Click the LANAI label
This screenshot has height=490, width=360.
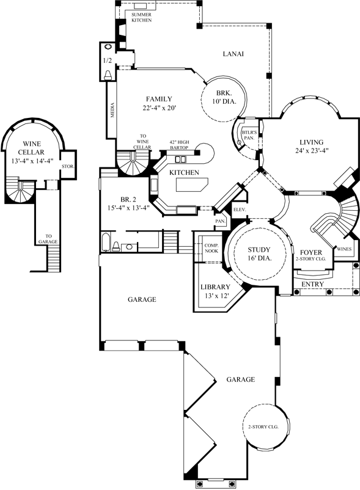click(x=233, y=54)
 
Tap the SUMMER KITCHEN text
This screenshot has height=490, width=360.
click(x=142, y=17)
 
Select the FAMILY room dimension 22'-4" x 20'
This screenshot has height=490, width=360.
click(x=159, y=108)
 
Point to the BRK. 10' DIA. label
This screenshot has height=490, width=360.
click(x=224, y=97)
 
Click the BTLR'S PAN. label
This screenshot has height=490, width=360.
click(x=249, y=135)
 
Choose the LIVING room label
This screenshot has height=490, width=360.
click(x=312, y=142)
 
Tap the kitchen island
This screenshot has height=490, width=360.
click(x=192, y=185)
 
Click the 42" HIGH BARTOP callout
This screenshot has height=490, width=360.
click(x=179, y=145)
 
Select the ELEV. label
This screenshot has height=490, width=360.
click(x=240, y=210)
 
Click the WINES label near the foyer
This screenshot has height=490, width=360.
click(x=344, y=249)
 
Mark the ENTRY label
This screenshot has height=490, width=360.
click(x=312, y=284)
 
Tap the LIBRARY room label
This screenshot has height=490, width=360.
click(x=215, y=287)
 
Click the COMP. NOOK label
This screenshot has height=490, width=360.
click(x=211, y=248)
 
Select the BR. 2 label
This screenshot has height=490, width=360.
click(x=128, y=199)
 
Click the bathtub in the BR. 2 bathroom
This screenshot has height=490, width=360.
click(x=106, y=242)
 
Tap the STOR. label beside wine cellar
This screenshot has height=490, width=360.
click(x=68, y=167)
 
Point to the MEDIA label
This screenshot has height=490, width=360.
click(x=112, y=110)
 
